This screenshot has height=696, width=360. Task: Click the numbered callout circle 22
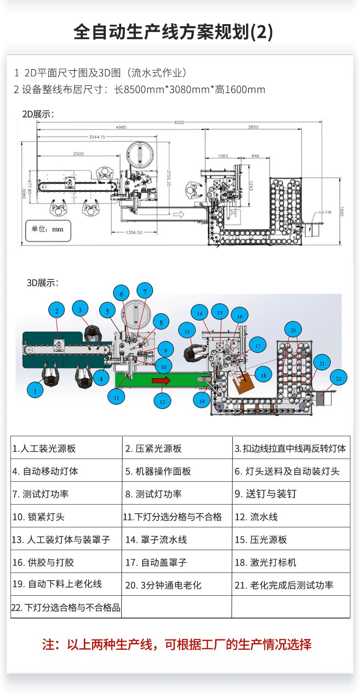coord(338,378)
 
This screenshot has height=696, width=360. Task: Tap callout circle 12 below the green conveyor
coord(162,402)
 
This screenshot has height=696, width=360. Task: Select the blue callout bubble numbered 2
coord(57,311)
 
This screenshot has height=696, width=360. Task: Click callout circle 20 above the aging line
coord(293,330)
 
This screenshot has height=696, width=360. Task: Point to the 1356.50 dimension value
coord(133,232)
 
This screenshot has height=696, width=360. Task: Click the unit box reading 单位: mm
coord(47,229)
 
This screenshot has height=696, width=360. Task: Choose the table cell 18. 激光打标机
coord(291,562)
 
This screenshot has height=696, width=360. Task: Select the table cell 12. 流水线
coord(291,517)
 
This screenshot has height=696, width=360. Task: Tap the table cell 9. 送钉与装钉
coord(291,494)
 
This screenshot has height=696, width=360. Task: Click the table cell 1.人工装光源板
coord(67,449)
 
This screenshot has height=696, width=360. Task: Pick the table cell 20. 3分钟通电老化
coord(177,585)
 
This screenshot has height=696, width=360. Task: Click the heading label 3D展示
coord(42,283)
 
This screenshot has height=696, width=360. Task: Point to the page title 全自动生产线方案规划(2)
coord(173,33)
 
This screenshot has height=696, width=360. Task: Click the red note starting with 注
coord(177,644)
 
